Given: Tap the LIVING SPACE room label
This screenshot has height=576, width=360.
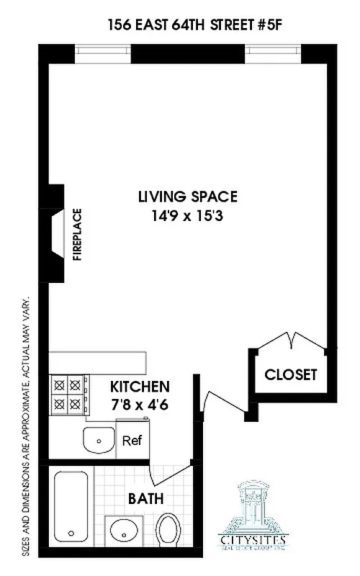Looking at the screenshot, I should [x=188, y=197].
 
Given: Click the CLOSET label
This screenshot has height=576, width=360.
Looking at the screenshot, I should [x=290, y=374].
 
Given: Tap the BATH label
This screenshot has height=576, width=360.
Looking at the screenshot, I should [x=146, y=498].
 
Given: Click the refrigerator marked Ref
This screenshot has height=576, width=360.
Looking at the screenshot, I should [x=131, y=441].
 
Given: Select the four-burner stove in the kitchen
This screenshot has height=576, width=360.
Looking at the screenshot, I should [x=68, y=393].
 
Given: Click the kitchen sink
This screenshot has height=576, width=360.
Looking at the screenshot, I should [x=98, y=438].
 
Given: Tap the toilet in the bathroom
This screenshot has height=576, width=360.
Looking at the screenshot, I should [x=169, y=529].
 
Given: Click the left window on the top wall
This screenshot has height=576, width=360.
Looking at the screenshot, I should [x=104, y=53].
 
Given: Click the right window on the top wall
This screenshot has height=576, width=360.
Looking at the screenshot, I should [x=274, y=53].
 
